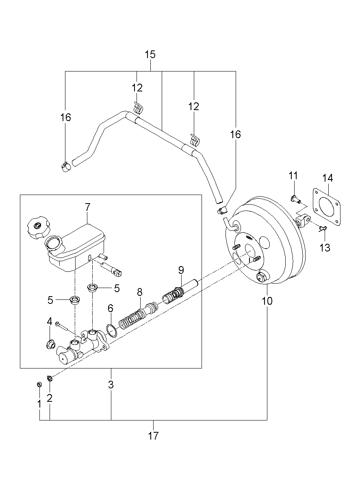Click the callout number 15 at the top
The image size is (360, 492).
(150, 54)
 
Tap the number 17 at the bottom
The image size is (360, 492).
(153, 436)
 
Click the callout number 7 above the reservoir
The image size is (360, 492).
(88, 207)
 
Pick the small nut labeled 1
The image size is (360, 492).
(39, 384)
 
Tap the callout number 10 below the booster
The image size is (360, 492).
(267, 301)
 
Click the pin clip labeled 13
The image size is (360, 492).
(323, 230)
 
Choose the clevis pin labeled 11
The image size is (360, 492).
(295, 199)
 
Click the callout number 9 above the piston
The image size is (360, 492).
(181, 269)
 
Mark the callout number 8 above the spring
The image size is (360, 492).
(140, 292)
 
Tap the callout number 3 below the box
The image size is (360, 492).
(111, 384)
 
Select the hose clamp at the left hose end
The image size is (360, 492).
(65, 167)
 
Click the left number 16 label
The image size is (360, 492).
(65, 117)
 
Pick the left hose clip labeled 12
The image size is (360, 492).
(138, 108)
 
